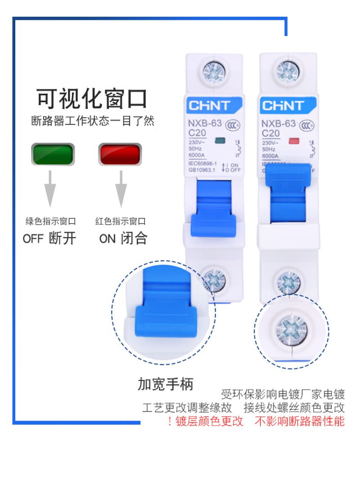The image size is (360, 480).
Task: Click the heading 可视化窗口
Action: pos(92,99)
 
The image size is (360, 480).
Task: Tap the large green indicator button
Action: pos(53,154)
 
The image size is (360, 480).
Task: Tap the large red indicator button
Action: pos(120,154)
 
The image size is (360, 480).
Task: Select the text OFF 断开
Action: pos(49,238)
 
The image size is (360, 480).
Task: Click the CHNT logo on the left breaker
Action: pos(209,106)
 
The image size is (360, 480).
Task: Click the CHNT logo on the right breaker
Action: pos(283,106)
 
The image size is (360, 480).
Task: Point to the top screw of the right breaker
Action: pos(288,71)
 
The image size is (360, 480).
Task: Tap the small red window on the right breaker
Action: pos(293,141)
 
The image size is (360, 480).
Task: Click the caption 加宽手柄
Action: pos(166,384)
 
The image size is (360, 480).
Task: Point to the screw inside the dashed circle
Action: pos(291,329)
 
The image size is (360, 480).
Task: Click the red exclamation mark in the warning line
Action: pos(170,421)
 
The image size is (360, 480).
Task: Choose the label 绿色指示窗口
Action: pos(50,221)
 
